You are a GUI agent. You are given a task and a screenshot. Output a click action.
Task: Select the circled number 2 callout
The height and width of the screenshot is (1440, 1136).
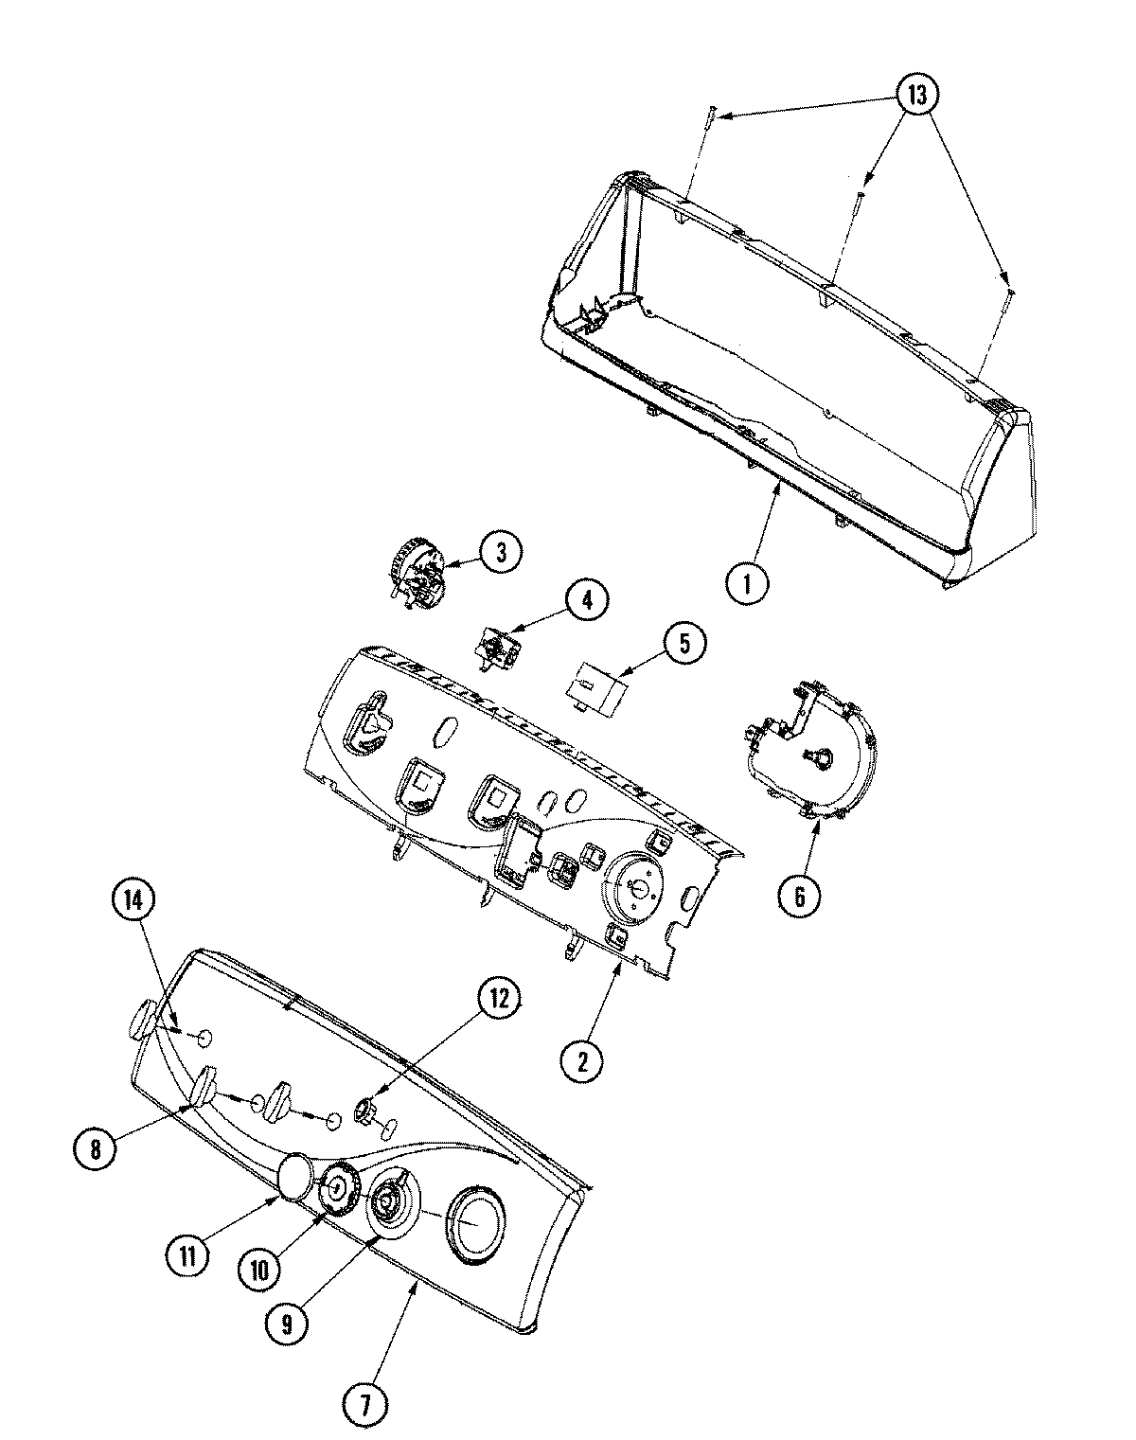click(581, 1062)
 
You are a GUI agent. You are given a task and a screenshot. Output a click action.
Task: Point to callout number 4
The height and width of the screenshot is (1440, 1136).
click(588, 599)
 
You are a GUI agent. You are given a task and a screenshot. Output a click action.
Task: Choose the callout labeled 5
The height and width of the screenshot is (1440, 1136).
click(683, 644)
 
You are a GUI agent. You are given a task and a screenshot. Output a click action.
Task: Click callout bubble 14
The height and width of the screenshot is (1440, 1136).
click(133, 902)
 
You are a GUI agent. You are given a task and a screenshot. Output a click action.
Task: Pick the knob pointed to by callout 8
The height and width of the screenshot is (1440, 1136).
click(204, 1084)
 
